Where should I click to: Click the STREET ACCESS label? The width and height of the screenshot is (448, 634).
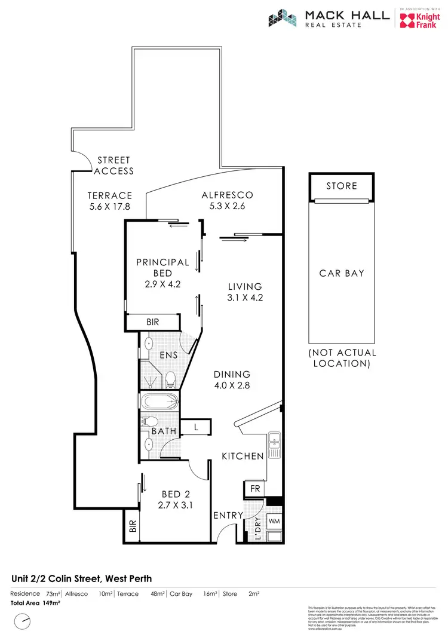pyautogui.click(x=114, y=166)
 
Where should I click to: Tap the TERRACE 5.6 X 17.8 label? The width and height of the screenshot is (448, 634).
pyautogui.click(x=109, y=201)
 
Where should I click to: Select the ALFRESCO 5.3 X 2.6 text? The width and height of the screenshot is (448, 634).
pyautogui.click(x=227, y=200)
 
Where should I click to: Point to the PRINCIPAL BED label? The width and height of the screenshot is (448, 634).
pyautogui.click(x=162, y=267)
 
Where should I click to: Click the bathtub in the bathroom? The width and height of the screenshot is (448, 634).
pyautogui.click(x=159, y=400)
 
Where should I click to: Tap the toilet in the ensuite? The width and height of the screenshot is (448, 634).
pyautogui.click(x=170, y=378)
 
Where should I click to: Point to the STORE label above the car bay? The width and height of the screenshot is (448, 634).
pyautogui.click(x=342, y=186)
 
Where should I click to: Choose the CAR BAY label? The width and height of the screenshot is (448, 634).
pyautogui.click(x=342, y=273)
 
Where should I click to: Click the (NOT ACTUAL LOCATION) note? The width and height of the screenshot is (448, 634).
pyautogui.click(x=342, y=358)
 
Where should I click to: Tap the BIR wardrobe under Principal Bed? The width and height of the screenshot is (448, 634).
pyautogui.click(x=153, y=321)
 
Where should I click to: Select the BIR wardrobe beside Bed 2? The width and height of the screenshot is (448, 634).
pyautogui.click(x=132, y=526)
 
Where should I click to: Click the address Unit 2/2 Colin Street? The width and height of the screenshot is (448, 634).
pyautogui.click(x=82, y=578)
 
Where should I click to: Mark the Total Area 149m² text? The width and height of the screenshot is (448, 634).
pyautogui.click(x=36, y=603)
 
